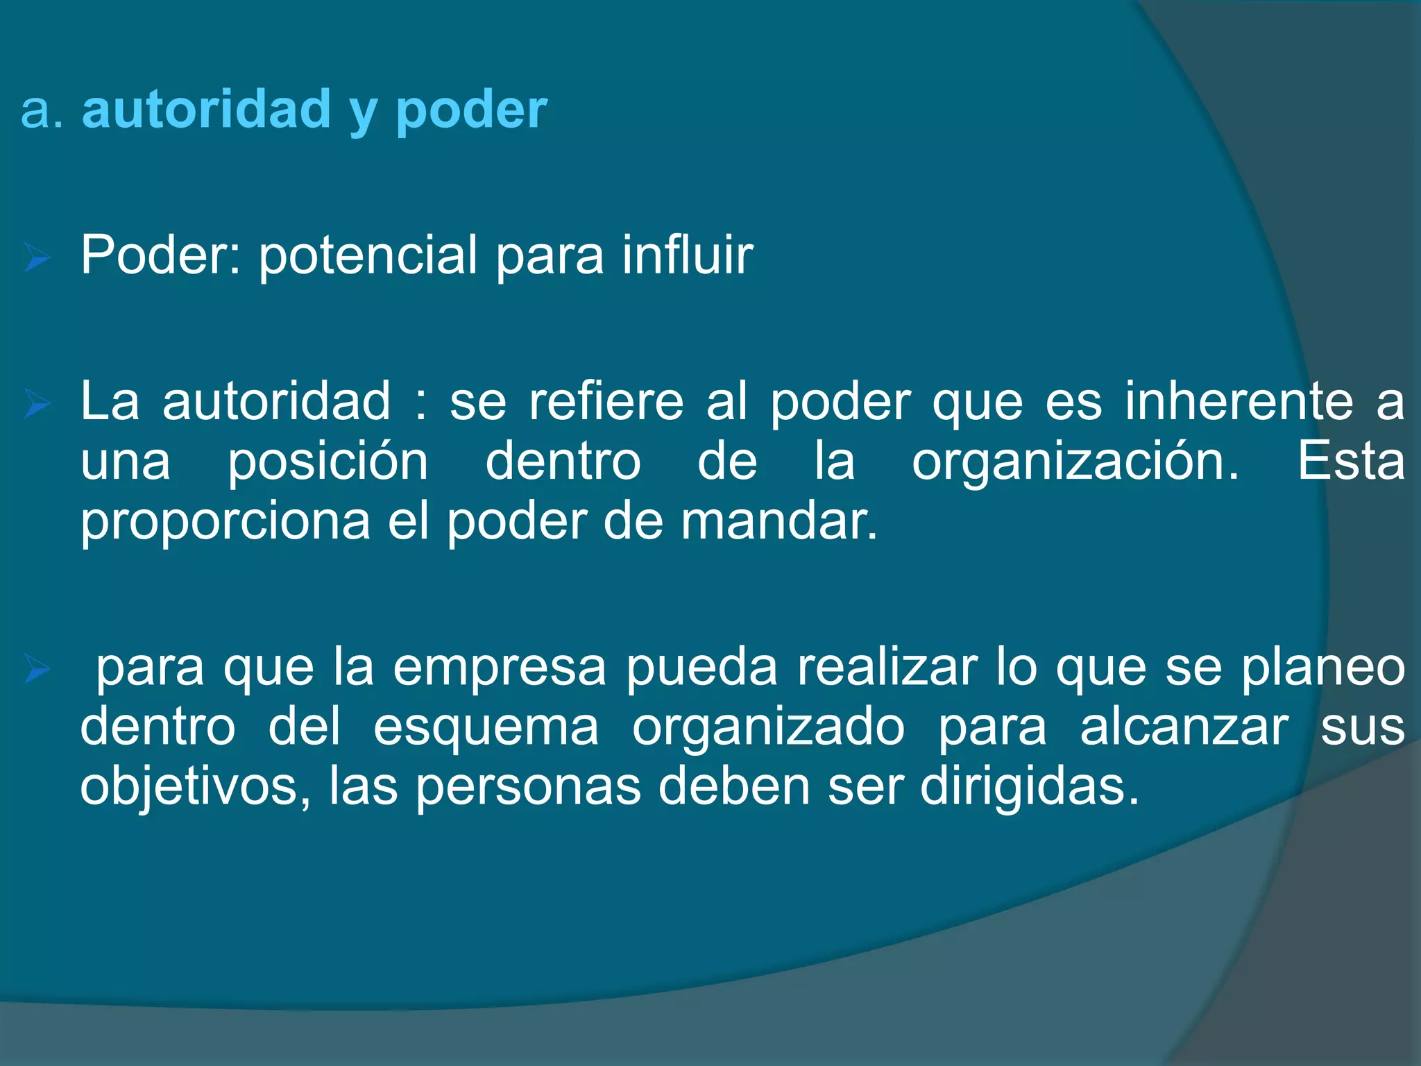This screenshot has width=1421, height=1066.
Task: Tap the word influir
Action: tap(687, 255)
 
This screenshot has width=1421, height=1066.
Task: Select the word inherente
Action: tap(1239, 403)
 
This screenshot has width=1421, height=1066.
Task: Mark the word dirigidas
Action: tap(1030, 788)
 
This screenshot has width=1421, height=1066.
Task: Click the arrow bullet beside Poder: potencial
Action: tap(37, 259)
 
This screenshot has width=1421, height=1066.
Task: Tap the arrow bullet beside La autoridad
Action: tap(37, 405)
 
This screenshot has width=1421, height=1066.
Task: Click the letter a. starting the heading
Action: tap(42, 111)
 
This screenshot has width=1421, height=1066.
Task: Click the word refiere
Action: tap(606, 403)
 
